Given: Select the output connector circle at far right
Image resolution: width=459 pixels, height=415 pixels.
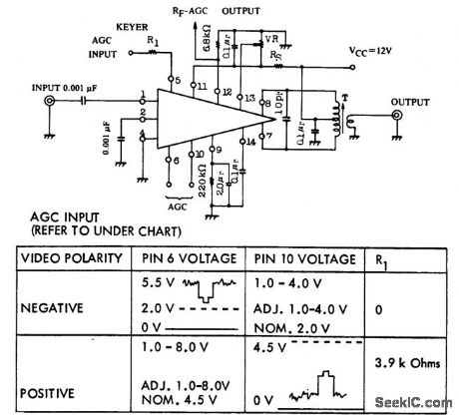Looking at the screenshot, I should [397, 116].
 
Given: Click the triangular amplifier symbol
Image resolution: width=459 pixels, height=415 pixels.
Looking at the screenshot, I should [200, 116].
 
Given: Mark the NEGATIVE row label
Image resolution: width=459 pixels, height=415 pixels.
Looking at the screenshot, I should [52, 310].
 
